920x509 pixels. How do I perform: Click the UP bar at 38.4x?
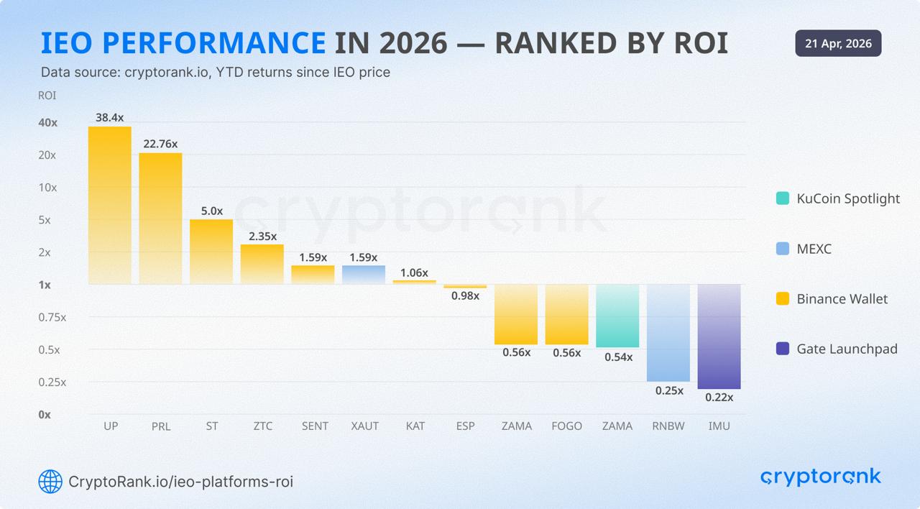[x=110, y=205]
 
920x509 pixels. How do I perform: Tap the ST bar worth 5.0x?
[x=211, y=252]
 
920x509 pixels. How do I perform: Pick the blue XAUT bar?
[x=363, y=275]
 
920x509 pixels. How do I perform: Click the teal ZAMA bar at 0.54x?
[x=617, y=316]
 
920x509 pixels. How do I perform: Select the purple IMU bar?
[x=719, y=336]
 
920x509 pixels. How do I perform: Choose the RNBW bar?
[x=668, y=332]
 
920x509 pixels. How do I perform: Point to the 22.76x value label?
[x=160, y=144]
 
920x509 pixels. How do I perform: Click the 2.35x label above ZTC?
[x=262, y=236]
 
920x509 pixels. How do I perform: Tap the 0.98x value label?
[x=465, y=295]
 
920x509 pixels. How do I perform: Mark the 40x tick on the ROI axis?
[x=48, y=123]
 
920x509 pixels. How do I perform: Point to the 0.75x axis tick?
[x=52, y=317]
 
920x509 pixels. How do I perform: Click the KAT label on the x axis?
[x=415, y=426]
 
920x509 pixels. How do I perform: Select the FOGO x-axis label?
[x=566, y=426]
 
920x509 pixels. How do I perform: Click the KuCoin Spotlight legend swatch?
[x=783, y=198]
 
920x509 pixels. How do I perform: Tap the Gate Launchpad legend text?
[x=847, y=349]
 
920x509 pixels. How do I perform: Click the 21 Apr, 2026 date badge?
[x=838, y=43]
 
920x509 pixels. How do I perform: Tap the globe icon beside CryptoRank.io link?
[x=50, y=481]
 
